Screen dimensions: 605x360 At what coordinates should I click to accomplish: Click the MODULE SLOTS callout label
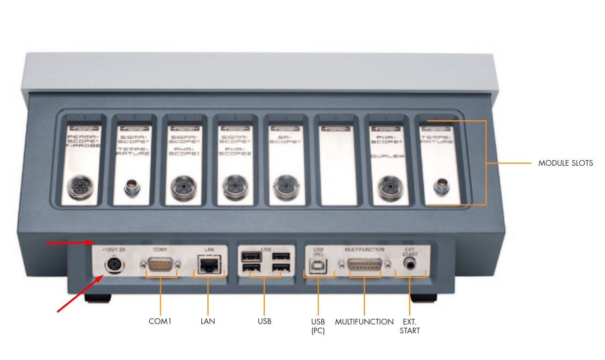(x=565, y=163)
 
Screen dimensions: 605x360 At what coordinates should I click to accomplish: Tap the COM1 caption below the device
(x=160, y=322)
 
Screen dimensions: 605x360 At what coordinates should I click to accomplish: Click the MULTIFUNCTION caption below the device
(x=364, y=322)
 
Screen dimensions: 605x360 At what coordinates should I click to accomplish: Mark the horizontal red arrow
(x=70, y=242)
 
